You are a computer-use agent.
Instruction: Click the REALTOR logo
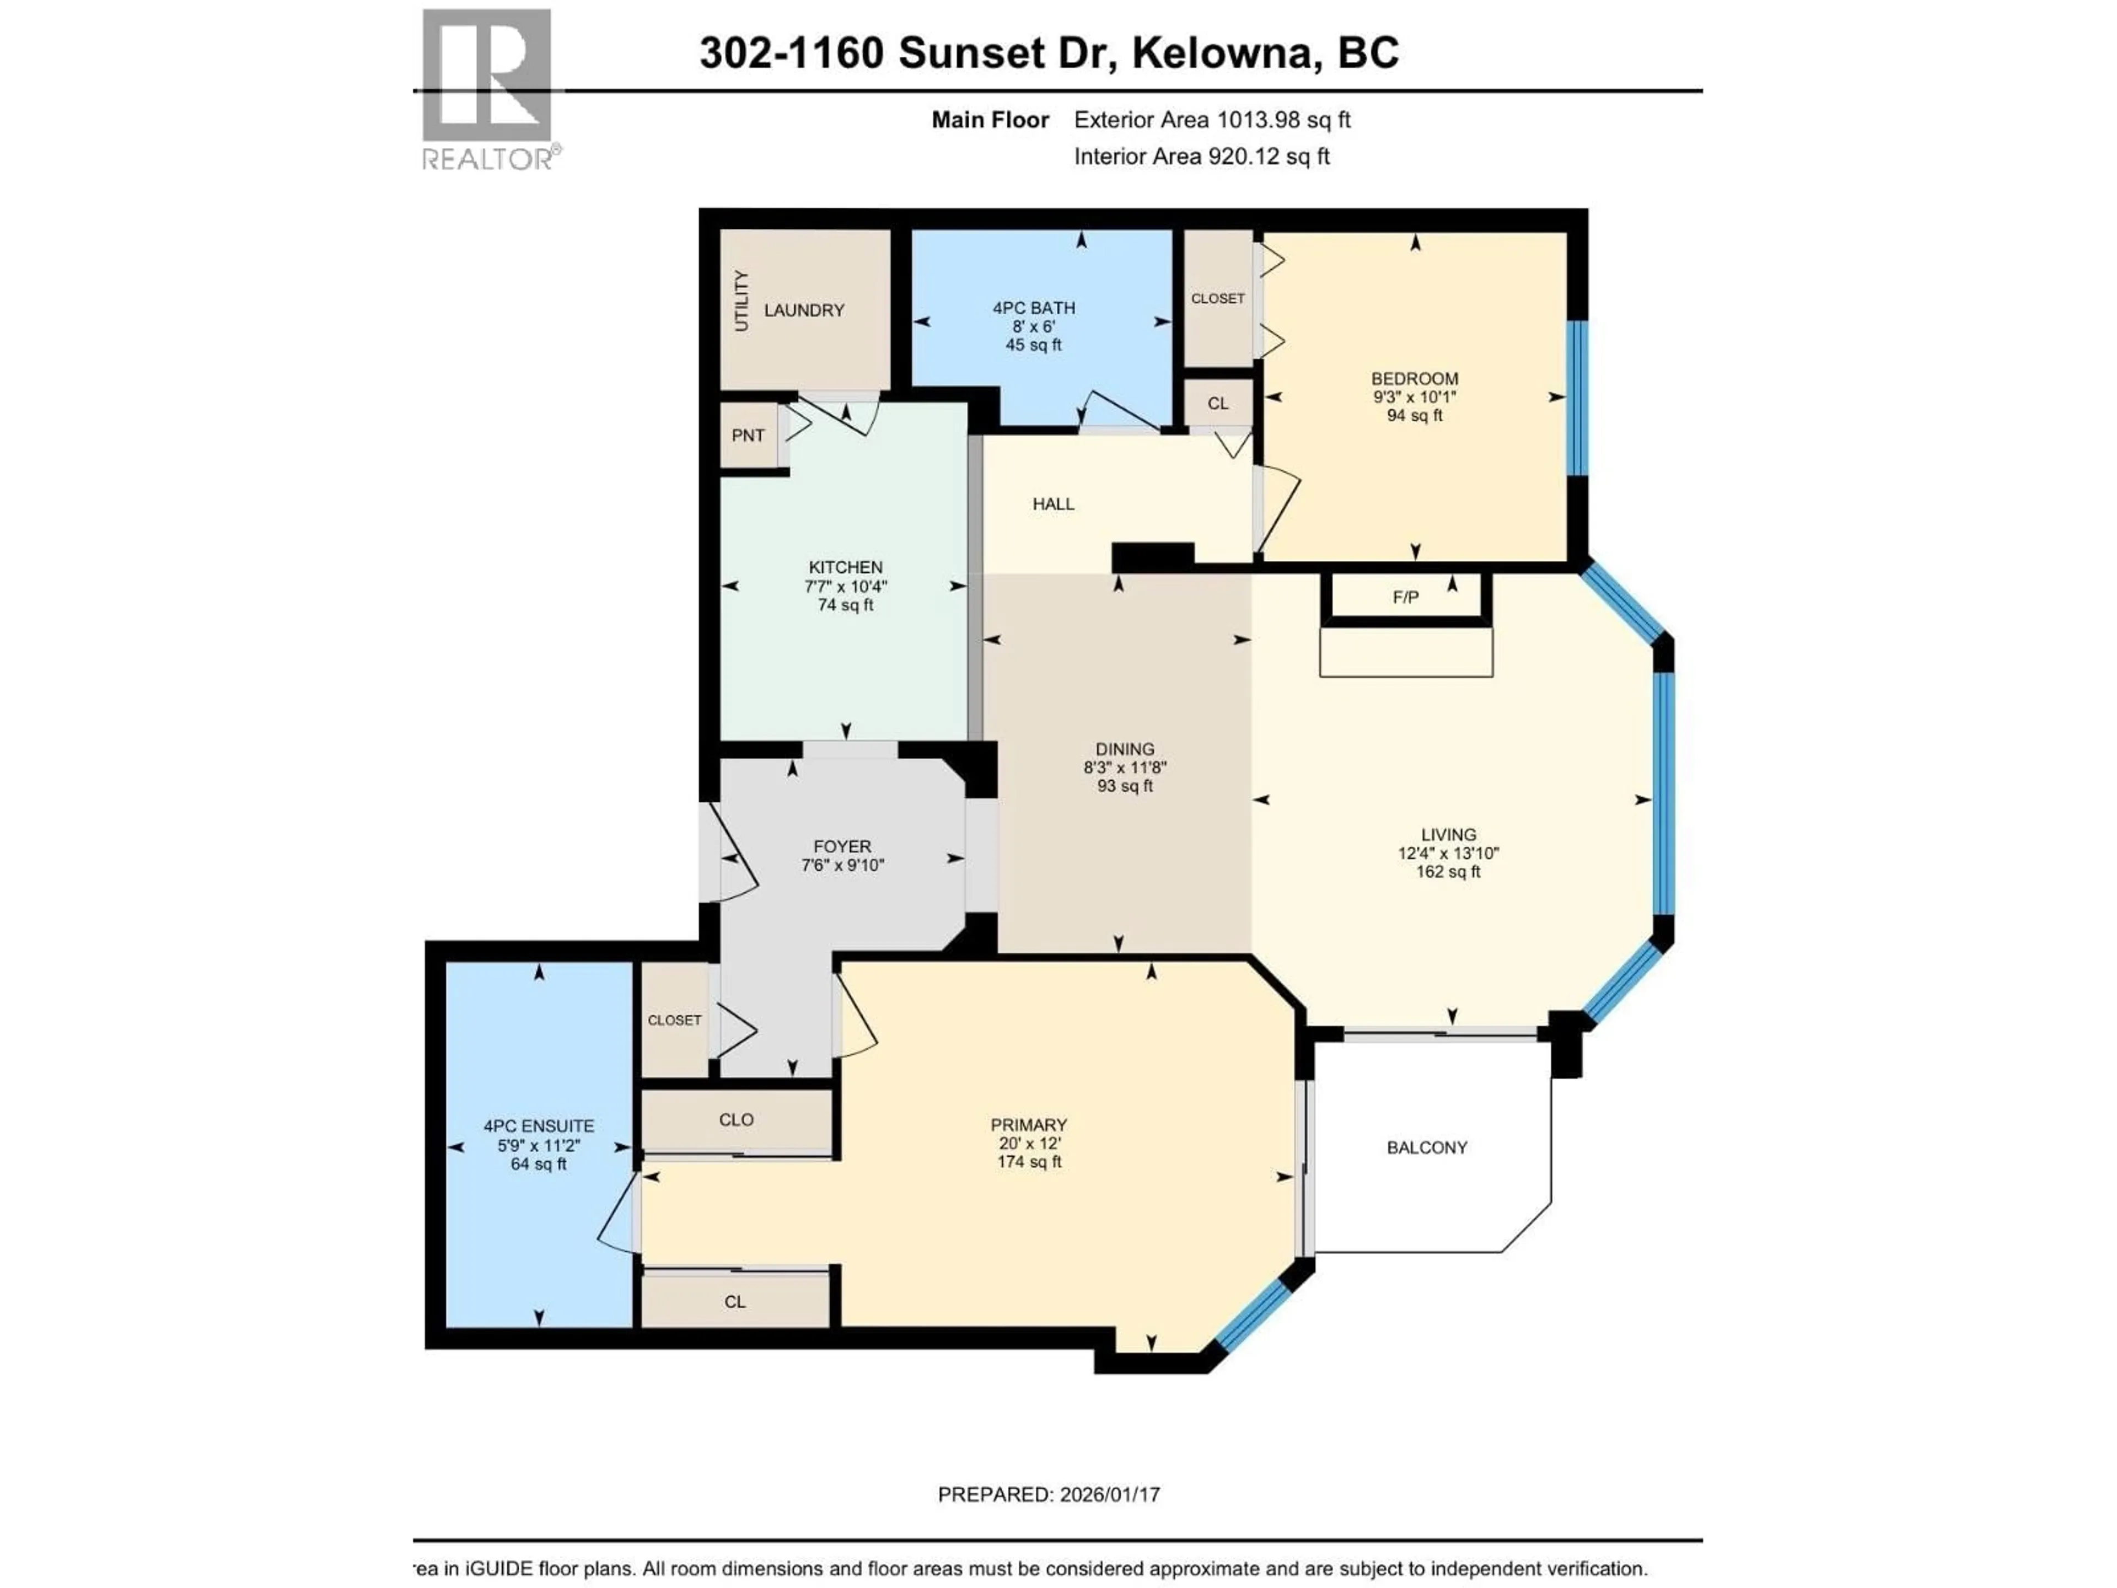(x=487, y=88)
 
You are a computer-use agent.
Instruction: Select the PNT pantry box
(x=749, y=436)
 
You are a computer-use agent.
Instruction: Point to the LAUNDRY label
(x=804, y=310)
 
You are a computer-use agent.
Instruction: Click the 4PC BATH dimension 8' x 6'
(x=1034, y=326)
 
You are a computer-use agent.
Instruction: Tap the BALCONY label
(x=1426, y=1147)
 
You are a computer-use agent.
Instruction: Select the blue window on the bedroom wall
(x=1576, y=397)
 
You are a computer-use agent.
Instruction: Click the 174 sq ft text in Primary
(x=1029, y=1162)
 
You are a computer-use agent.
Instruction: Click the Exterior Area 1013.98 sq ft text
(x=1212, y=120)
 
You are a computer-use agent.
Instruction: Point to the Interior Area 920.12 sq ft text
(x=1201, y=156)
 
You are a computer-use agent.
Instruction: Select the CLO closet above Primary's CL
(x=736, y=1120)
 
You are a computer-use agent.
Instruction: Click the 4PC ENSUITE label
(x=539, y=1126)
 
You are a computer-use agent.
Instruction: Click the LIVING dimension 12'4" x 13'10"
(x=1448, y=854)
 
